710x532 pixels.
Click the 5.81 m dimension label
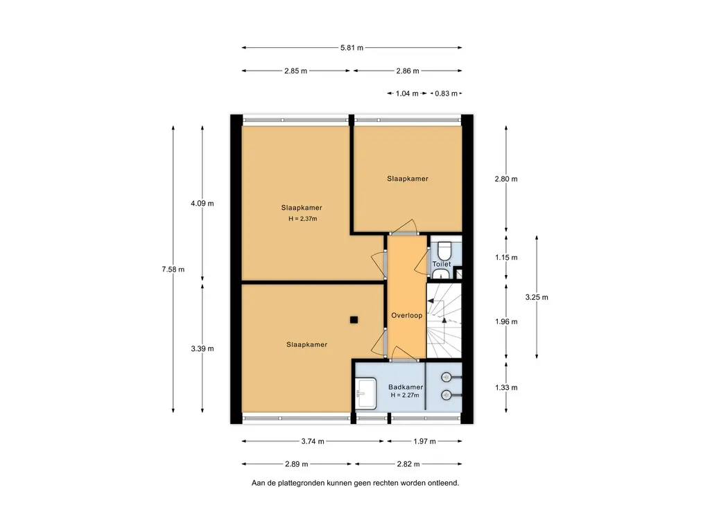click(x=352, y=48)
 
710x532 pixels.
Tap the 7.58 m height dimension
click(x=173, y=269)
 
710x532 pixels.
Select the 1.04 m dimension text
click(x=407, y=94)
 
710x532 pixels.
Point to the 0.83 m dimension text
click(x=446, y=94)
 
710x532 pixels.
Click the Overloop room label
click(x=406, y=315)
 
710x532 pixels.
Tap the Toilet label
click(x=442, y=264)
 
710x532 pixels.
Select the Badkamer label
click(x=406, y=387)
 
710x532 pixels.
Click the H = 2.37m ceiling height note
click(x=303, y=219)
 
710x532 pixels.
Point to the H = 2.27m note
click(x=405, y=396)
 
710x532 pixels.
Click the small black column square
click(x=354, y=320)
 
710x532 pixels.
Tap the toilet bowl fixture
click(x=444, y=250)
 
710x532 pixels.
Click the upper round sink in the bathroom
click(x=447, y=377)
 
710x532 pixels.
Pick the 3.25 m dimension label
click(x=537, y=297)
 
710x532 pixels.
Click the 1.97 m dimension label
click(x=424, y=441)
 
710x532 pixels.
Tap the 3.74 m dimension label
click(x=313, y=441)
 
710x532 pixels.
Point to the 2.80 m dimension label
click(x=505, y=179)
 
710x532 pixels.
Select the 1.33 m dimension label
click(x=505, y=387)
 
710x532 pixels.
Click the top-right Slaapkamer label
click(x=408, y=179)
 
